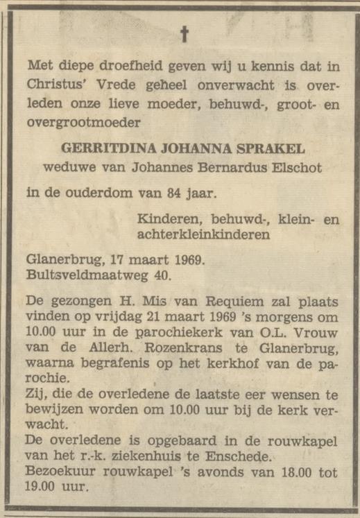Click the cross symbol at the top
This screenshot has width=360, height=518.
(x=185, y=33)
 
